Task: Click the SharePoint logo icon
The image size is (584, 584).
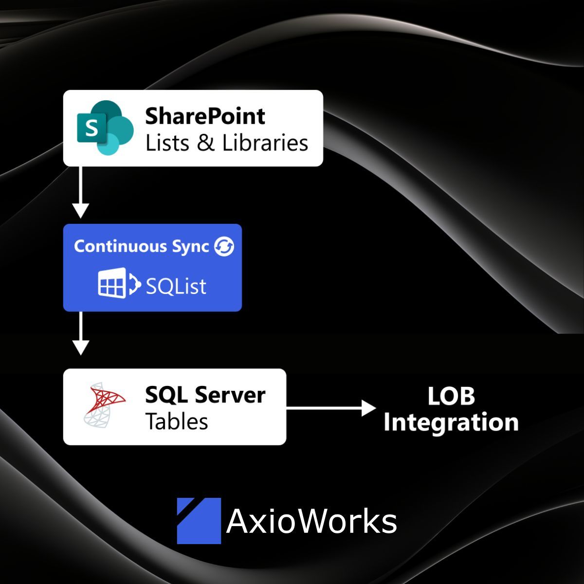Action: pos(105,128)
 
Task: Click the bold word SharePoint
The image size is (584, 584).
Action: pos(205,116)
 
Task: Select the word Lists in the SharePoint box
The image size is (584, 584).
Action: pos(167,143)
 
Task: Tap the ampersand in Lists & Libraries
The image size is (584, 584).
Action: pos(206,143)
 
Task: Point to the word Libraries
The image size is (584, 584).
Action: pos(265,143)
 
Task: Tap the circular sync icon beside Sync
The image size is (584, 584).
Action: pos(224,246)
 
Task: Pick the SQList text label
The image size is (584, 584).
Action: pos(176,286)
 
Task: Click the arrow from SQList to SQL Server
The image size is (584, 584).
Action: pos(81,333)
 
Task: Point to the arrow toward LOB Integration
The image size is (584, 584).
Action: pos(331,408)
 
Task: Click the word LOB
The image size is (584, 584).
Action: pos(451,396)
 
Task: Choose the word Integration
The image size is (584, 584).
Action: pos(451,422)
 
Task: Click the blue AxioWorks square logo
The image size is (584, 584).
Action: pos(199,520)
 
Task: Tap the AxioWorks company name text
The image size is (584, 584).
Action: pos(311,521)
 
